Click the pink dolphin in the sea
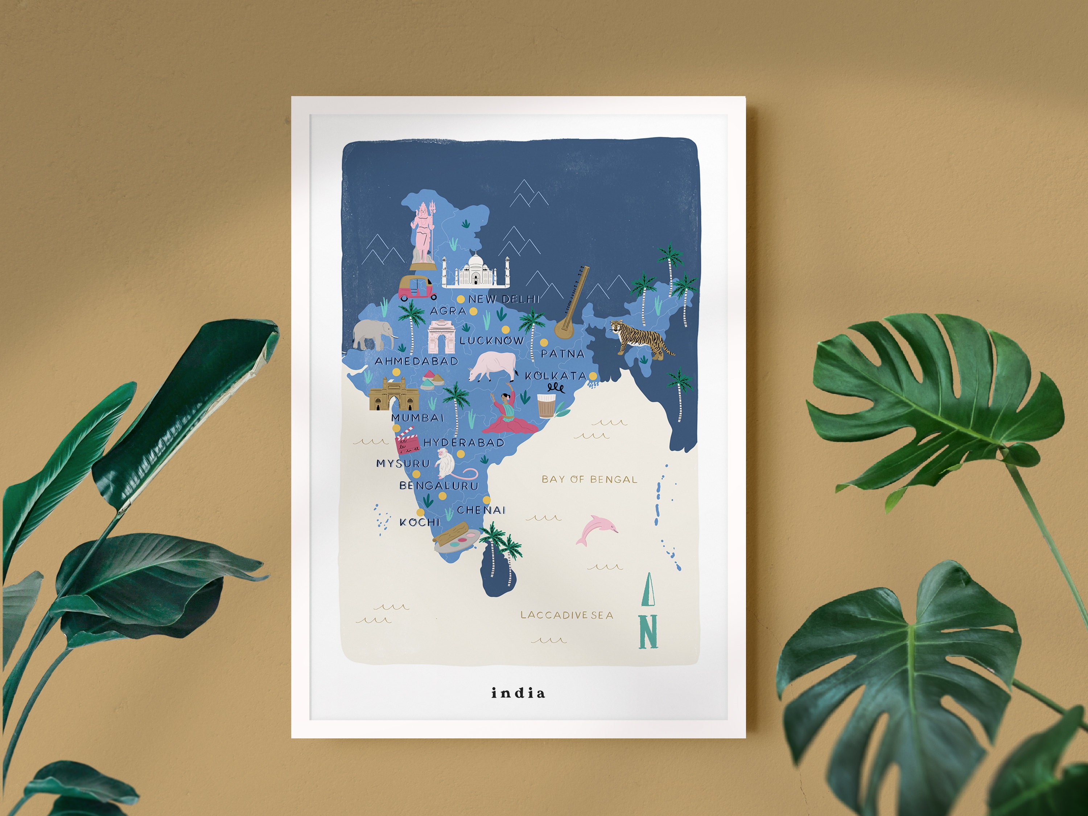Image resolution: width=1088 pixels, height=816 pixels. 597,530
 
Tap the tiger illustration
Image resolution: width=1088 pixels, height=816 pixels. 639,338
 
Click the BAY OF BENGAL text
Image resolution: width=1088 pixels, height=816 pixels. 589,479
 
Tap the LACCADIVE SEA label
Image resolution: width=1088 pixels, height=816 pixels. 566,615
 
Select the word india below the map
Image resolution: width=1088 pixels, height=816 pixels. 518,693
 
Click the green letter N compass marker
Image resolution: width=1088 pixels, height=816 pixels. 648,631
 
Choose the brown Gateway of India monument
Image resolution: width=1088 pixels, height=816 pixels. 393,395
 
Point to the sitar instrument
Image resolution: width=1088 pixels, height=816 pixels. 572,304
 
